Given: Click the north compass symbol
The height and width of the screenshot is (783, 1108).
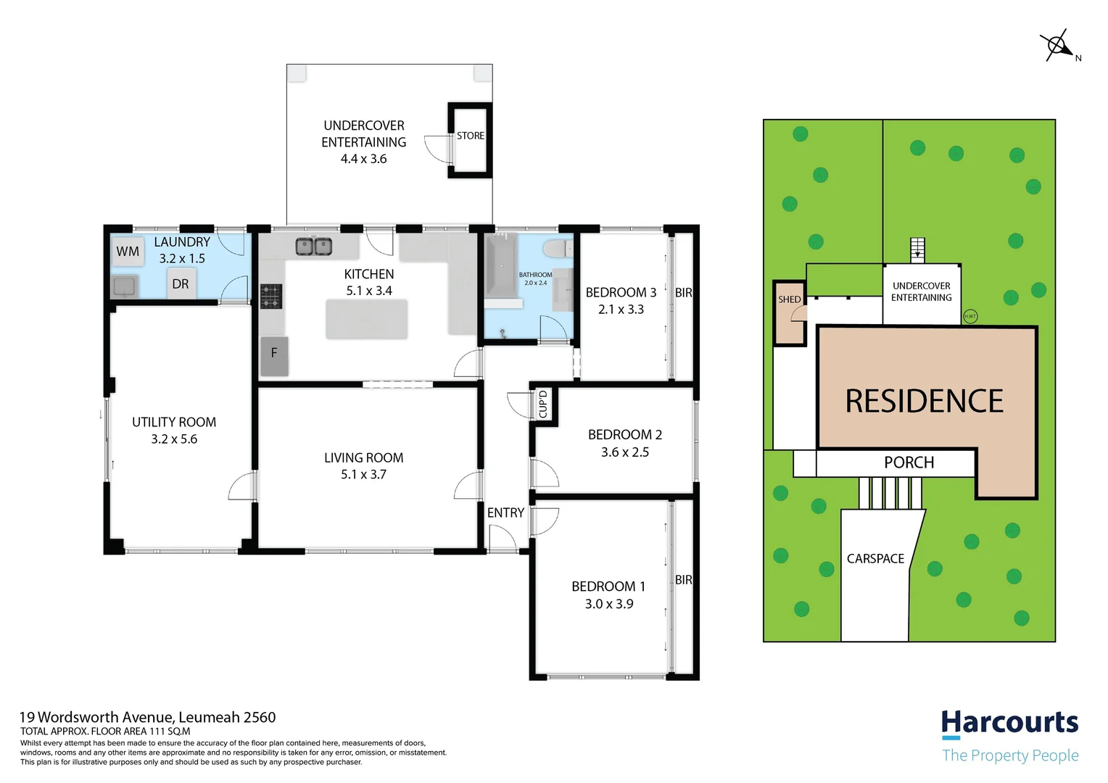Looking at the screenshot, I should [1058, 46].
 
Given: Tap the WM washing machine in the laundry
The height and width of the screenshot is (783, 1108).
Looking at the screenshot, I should [128, 252].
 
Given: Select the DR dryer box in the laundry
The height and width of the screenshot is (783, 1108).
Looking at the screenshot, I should [181, 284].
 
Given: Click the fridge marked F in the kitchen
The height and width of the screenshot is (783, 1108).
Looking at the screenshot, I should [274, 355].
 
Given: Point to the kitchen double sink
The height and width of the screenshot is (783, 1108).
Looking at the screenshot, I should [314, 246].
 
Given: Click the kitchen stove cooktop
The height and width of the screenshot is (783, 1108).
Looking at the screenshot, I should [270, 297].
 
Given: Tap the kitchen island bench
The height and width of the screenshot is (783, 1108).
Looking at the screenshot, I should [366, 320].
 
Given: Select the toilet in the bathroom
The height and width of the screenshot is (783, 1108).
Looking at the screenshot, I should [557, 249].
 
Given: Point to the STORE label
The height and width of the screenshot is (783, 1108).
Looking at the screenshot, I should [471, 136].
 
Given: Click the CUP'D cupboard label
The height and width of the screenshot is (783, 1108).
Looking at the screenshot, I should [543, 404].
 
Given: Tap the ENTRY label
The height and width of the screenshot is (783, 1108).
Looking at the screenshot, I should [505, 513].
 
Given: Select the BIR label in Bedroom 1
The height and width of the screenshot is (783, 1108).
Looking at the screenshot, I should [683, 580].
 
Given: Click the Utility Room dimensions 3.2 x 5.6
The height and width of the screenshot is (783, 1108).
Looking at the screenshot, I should [174, 439].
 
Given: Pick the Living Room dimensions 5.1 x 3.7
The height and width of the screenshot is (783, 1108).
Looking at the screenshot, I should [364, 475].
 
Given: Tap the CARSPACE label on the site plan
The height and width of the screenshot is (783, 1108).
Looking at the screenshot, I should [875, 559].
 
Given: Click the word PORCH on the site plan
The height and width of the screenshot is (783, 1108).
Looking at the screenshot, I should [909, 463].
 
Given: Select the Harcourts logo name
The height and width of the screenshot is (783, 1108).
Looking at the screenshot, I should [1009, 723].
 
